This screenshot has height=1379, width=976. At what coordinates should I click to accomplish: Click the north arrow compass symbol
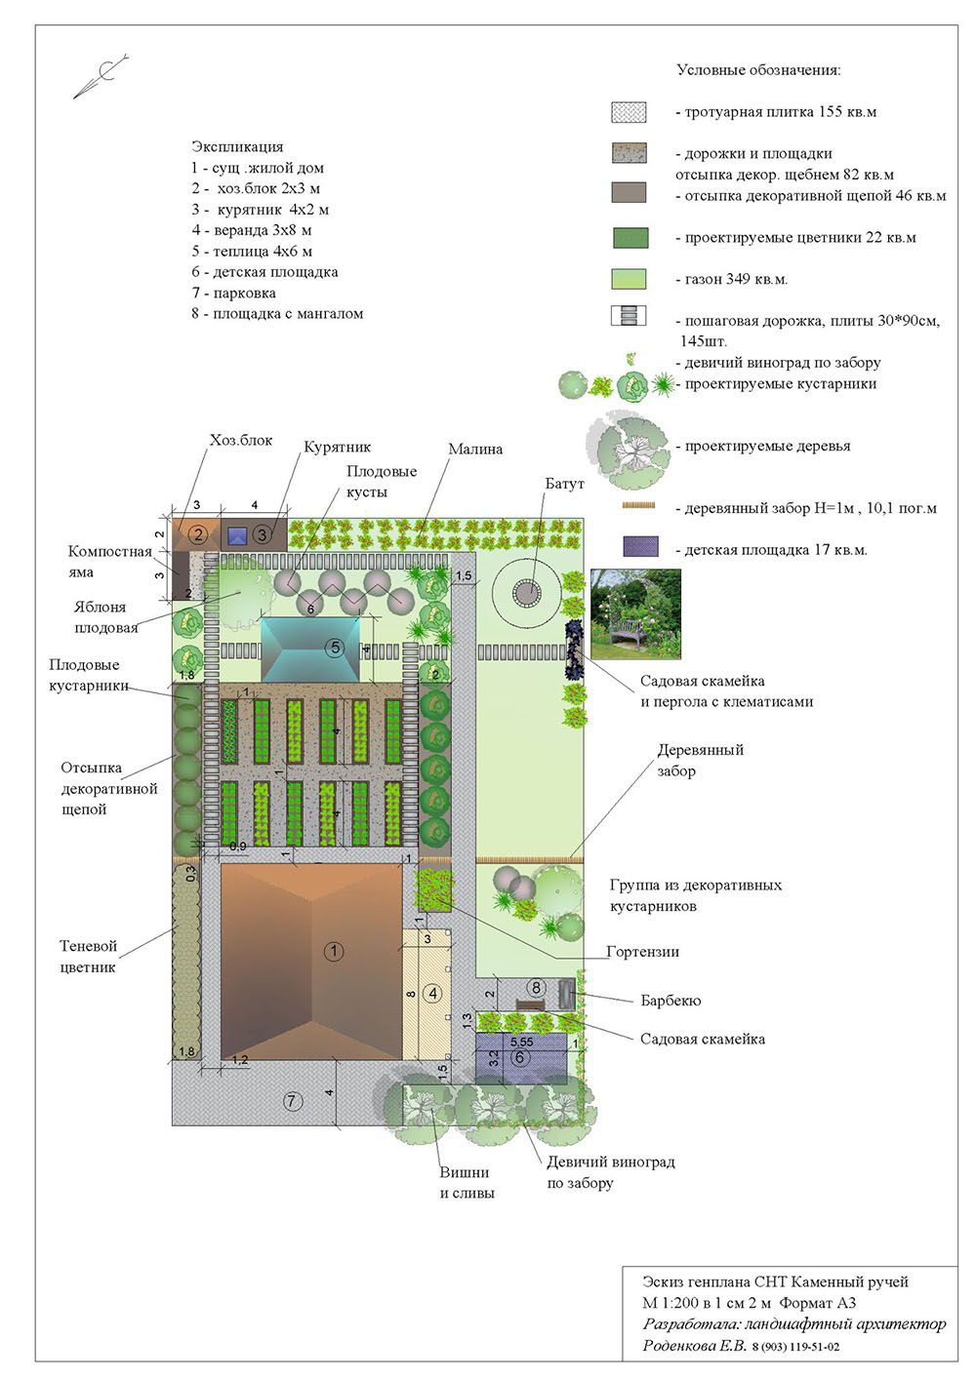pyautogui.click(x=102, y=76)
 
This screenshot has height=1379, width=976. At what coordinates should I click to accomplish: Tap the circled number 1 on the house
pyautogui.click(x=334, y=951)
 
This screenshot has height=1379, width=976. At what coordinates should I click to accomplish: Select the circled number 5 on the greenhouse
pyautogui.click(x=335, y=647)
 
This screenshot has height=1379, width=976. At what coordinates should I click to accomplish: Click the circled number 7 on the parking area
pyautogui.click(x=292, y=1100)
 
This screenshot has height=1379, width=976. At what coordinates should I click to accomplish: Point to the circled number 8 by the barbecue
pyautogui.click(x=536, y=988)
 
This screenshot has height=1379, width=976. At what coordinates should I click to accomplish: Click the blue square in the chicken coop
pyautogui.click(x=237, y=535)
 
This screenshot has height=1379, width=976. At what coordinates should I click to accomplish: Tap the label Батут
pyautogui.click(x=564, y=484)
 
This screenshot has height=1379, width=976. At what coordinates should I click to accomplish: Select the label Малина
pyautogui.click(x=475, y=449)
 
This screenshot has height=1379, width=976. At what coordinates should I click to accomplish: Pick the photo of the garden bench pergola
pyautogui.click(x=636, y=613)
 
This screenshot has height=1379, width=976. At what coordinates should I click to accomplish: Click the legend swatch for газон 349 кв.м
pyautogui.click(x=630, y=279)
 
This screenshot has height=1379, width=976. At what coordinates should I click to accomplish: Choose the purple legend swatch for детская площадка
pyautogui.click(x=641, y=546)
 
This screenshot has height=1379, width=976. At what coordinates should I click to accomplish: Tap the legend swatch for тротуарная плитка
pyautogui.click(x=630, y=112)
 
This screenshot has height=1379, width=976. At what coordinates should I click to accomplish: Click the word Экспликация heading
pyautogui.click(x=237, y=146)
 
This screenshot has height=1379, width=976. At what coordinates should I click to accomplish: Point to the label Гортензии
pyautogui.click(x=642, y=951)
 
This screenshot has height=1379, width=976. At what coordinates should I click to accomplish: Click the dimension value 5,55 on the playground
pyautogui.click(x=522, y=1043)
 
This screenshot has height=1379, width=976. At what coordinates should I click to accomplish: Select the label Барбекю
pyautogui.click(x=671, y=1000)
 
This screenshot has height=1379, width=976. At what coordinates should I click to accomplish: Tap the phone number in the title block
pyautogui.click(x=795, y=1347)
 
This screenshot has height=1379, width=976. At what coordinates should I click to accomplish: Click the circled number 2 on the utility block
pyautogui.click(x=198, y=533)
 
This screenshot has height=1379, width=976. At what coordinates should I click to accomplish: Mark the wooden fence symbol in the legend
pyautogui.click(x=639, y=506)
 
